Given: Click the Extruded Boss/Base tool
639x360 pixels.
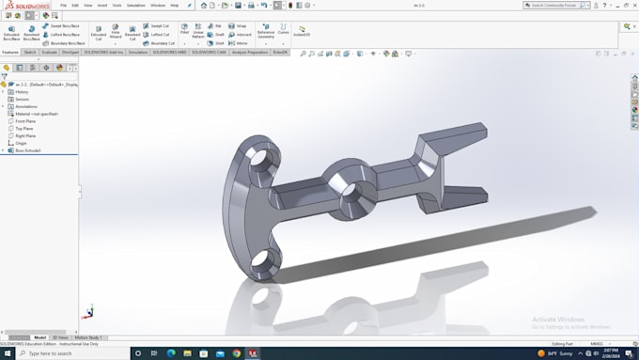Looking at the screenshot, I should pos(11,31).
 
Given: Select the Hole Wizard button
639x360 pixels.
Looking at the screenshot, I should pos(116,31).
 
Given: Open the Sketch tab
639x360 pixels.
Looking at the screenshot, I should pos(30,53).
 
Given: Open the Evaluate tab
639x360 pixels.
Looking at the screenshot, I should pos(50,53).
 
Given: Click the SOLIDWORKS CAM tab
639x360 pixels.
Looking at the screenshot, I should pos(209,53).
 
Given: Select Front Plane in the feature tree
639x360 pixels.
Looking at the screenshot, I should pos(24,121).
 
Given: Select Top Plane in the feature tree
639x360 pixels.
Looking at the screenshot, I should pos(23,129).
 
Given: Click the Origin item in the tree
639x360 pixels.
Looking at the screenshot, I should pos(21,143).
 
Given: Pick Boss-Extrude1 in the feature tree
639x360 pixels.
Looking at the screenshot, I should pos(27,150).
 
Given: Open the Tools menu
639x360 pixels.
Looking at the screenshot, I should pos(117,5).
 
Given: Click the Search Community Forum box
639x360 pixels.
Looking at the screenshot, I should pos(555,5).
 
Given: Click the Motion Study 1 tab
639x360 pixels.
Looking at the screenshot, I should pos(88,337).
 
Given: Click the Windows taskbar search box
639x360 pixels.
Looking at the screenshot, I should pos(66,353).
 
